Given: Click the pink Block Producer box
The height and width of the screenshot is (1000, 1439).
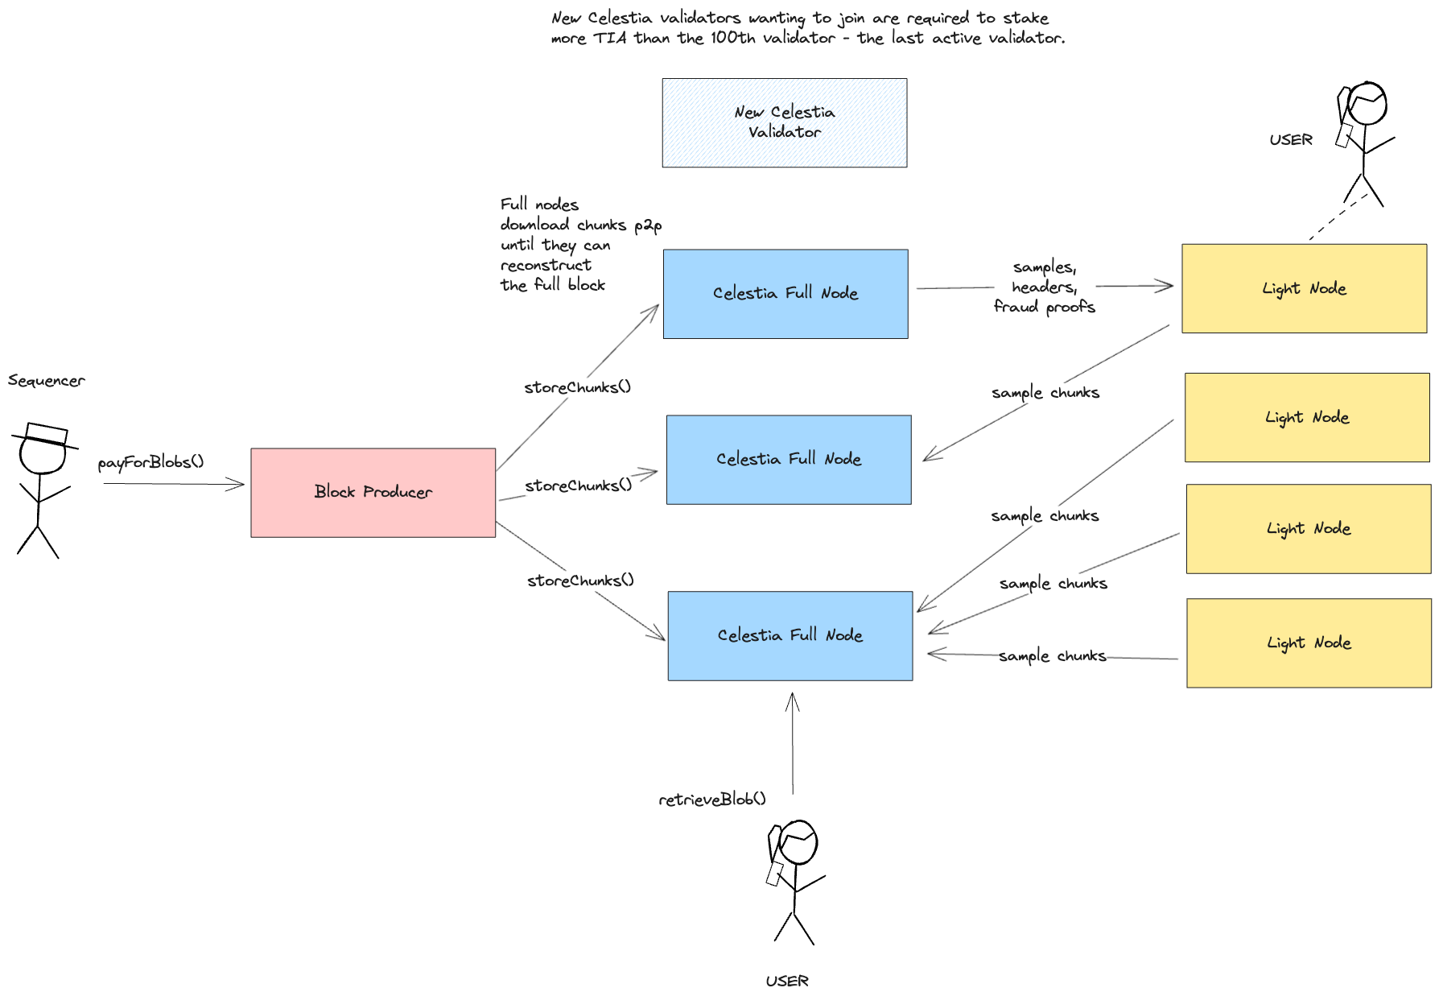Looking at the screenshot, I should pyautogui.click(x=373, y=492).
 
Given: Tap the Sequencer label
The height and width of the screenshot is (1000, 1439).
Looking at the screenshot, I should pyautogui.click(x=47, y=381).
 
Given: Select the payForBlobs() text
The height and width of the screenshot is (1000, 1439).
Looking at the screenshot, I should pyautogui.click(x=150, y=462).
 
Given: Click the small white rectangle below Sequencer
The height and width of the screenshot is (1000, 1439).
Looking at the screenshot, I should pyautogui.click(x=47, y=433).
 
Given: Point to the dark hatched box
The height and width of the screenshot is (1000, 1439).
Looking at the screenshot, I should pyautogui.click(x=784, y=122).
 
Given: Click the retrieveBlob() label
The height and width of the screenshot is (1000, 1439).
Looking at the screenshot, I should pyautogui.click(x=711, y=800).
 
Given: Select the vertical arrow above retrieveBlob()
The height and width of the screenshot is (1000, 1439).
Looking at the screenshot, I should pyautogui.click(x=793, y=745).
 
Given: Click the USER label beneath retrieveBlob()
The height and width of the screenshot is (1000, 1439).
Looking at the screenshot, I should pyautogui.click(x=786, y=981).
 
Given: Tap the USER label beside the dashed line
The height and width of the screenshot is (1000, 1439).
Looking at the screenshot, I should pyautogui.click(x=1290, y=140).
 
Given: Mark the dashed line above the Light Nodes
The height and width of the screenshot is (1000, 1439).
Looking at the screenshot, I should pyautogui.click(x=1338, y=217).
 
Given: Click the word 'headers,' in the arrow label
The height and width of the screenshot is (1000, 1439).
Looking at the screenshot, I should pyautogui.click(x=1044, y=287).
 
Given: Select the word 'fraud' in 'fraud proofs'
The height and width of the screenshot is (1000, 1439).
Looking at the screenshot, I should pyautogui.click(x=1016, y=307).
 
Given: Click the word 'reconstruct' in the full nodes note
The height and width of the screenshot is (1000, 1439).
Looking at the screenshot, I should pyautogui.click(x=545, y=265).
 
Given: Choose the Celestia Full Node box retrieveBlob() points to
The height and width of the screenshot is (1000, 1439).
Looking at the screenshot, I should pyautogui.click(x=790, y=635).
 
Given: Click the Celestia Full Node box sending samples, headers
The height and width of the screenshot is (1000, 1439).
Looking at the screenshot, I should pyautogui.click(x=785, y=293).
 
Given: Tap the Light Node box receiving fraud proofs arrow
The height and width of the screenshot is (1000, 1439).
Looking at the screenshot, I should pyautogui.click(x=1304, y=288).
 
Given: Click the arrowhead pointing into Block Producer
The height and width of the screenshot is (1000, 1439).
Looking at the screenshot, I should pyautogui.click(x=238, y=484).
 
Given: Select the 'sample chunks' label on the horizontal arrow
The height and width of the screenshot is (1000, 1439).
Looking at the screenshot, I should pyautogui.click(x=1051, y=656).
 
